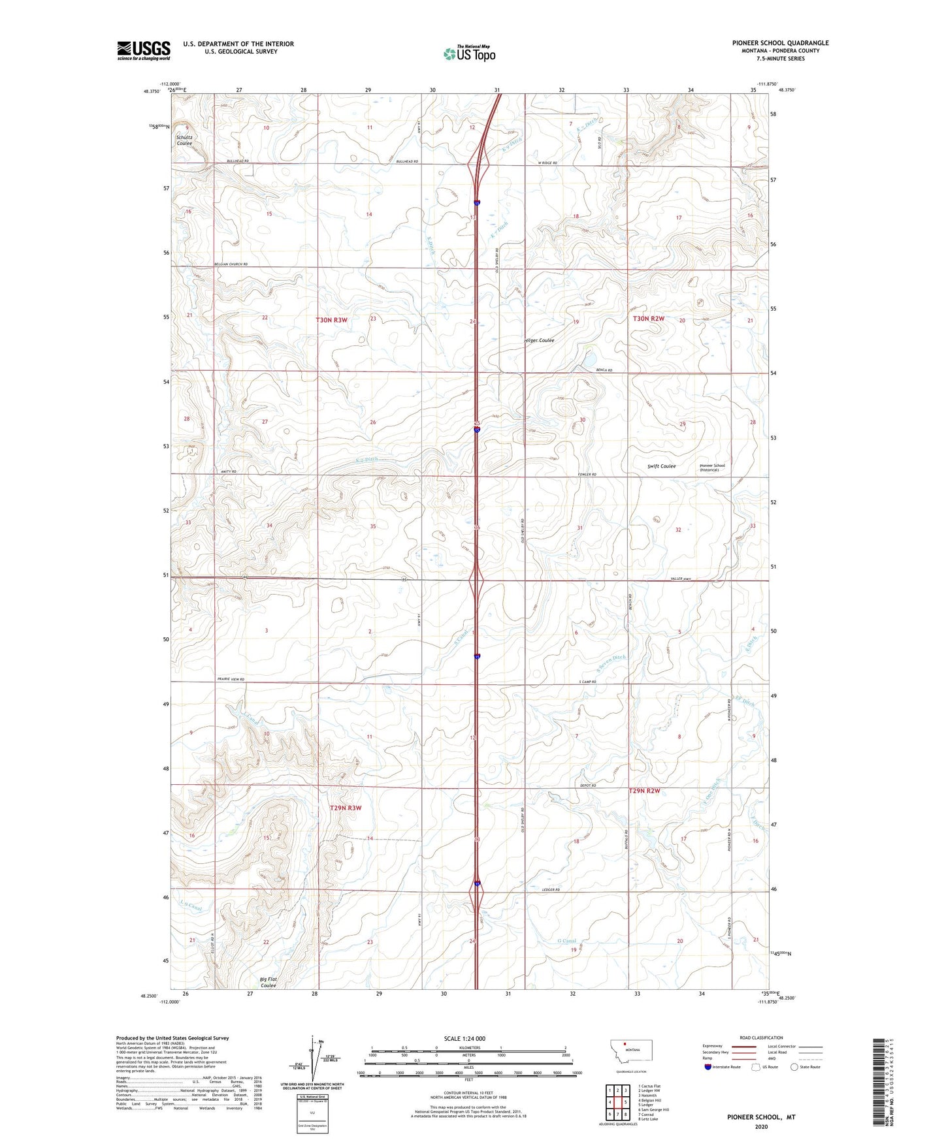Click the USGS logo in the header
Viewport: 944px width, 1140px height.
click(x=143, y=50)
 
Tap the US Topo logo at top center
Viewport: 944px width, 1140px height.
click(x=469, y=54)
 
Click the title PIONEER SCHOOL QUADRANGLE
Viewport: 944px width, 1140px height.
click(x=780, y=43)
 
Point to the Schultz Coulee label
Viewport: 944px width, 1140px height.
click(x=184, y=140)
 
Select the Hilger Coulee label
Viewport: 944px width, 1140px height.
click(x=540, y=340)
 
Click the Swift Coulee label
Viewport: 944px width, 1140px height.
click(x=662, y=466)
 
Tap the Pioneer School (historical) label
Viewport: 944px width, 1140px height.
click(x=712, y=467)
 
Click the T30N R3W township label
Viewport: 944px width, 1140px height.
click(x=332, y=320)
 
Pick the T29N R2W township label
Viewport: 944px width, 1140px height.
click(x=645, y=791)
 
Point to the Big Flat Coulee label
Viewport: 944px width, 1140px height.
click(x=269, y=982)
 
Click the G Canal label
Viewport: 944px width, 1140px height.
click(x=566, y=941)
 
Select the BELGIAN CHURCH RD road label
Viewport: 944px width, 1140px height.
click(x=231, y=264)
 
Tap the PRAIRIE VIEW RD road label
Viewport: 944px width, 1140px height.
click(x=231, y=680)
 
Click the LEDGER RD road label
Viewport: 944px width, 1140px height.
click(x=551, y=890)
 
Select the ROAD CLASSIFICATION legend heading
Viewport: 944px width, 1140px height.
click(x=761, y=1037)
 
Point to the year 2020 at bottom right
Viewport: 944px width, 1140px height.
click(x=761, y=1126)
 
